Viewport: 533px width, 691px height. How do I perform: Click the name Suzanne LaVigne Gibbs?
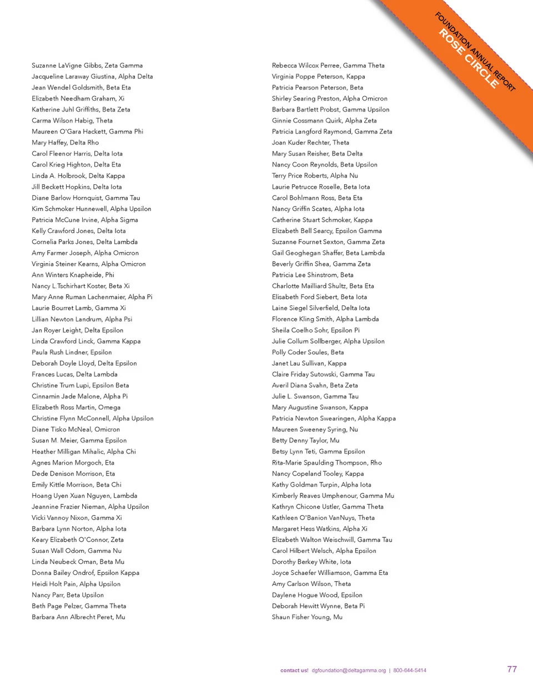(87, 65)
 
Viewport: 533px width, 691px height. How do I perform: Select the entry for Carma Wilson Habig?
(72, 120)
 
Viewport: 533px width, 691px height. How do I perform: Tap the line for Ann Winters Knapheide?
(73, 275)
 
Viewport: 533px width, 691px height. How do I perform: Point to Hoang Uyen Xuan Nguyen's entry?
(84, 496)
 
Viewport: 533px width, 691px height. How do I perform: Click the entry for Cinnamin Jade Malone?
(79, 396)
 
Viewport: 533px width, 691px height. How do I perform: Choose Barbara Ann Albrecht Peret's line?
(78, 617)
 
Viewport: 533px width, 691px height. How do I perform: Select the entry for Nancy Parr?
(68, 595)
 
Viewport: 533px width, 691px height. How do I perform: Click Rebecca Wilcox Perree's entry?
(328, 65)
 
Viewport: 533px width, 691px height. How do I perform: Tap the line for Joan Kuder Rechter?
(310, 143)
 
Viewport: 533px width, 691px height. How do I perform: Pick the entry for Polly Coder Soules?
(308, 352)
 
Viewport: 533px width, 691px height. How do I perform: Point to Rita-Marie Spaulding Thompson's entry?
(326, 462)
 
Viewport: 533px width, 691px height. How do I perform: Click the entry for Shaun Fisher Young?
(307, 617)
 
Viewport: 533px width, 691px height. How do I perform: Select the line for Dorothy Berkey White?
(311, 562)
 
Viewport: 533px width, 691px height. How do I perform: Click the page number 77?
(512, 669)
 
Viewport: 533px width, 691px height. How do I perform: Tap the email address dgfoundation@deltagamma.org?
(349, 670)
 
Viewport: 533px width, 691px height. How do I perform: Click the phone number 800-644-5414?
(410, 670)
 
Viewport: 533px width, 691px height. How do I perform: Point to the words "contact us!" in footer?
(294, 670)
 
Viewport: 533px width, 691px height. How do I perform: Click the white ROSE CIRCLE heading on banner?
(469, 58)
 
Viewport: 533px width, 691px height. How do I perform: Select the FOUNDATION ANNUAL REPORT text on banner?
(475, 51)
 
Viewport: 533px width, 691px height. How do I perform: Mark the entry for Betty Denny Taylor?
(305, 441)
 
